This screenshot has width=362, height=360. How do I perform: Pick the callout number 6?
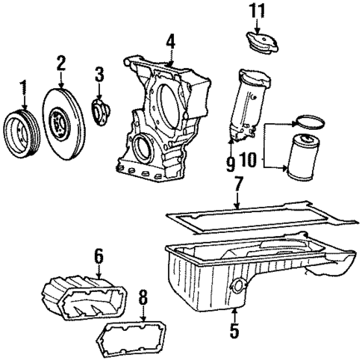click(98, 255)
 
